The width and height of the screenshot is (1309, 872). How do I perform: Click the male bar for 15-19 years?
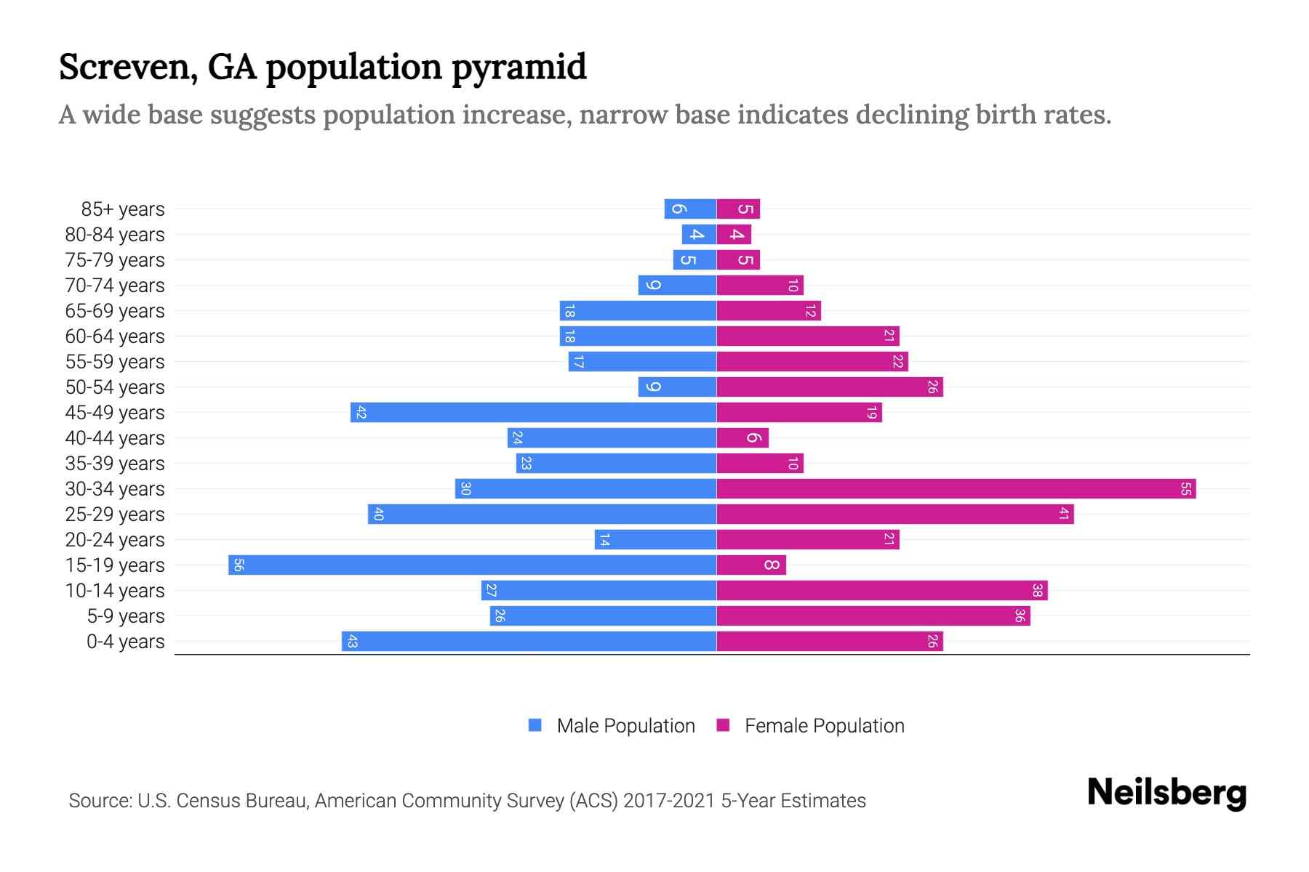point(473,565)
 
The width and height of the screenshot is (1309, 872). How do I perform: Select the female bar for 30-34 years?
point(956,489)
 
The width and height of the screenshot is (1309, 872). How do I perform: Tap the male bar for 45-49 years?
point(534,413)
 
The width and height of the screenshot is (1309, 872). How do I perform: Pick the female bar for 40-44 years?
point(742,438)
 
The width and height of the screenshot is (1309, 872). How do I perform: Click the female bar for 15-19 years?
point(751,565)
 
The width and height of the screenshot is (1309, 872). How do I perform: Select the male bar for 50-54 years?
point(677,387)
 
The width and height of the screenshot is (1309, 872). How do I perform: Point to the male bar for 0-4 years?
point(529,642)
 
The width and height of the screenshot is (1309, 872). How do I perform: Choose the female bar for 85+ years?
point(738,209)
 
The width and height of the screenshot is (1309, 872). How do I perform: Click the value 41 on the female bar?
point(1063,514)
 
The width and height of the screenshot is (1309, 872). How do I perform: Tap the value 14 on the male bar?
point(604,540)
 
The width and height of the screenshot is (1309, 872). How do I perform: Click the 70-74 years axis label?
point(115,286)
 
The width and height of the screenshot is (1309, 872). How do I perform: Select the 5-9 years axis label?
point(126,616)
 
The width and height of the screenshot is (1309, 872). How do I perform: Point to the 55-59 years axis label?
point(115,362)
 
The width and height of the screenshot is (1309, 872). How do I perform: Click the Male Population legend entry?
point(625,726)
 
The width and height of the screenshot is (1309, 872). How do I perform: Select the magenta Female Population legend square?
point(723,725)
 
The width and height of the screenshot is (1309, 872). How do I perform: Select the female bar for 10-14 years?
point(882,591)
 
